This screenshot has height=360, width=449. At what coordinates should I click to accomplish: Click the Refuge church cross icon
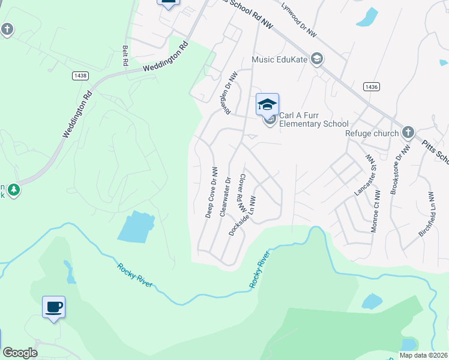408,132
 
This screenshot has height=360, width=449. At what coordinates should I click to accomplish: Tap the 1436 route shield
371,87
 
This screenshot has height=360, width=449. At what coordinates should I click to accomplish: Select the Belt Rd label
125,55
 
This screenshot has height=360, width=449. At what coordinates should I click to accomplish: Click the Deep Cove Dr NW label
211,192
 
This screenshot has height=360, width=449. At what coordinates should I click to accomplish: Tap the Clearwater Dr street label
226,196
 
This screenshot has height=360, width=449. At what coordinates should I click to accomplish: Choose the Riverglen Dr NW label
229,91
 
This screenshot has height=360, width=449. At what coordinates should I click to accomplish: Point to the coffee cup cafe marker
54,307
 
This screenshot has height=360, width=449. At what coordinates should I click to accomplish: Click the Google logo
20,353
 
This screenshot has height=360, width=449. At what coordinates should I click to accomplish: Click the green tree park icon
13,190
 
